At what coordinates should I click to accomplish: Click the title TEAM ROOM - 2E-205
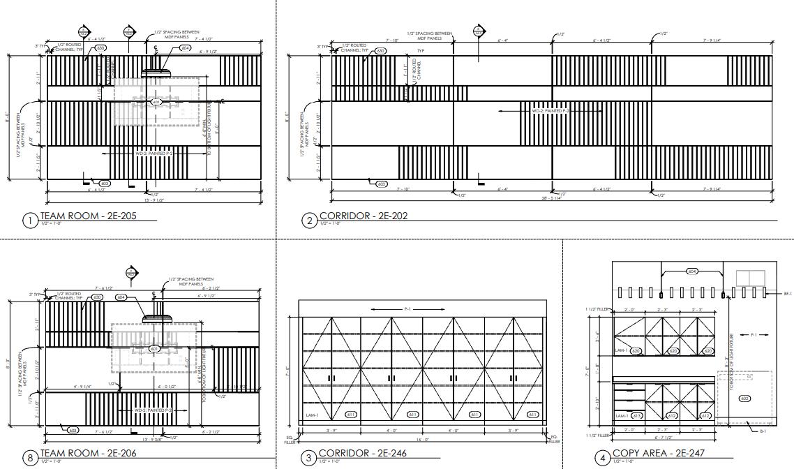tap(88, 216)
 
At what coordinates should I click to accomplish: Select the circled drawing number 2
tap(309, 221)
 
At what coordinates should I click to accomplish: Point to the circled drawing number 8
tap(30, 459)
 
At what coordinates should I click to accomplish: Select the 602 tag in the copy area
tap(744, 398)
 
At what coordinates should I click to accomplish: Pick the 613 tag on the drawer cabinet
tap(636, 416)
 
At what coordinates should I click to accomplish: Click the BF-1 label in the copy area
tap(787, 294)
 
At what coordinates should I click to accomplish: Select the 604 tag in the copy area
tap(692, 271)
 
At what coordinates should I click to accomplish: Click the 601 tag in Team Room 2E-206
tap(155, 348)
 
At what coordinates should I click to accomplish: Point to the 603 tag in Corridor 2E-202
tap(381, 184)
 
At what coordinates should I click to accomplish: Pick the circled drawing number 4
tap(602, 459)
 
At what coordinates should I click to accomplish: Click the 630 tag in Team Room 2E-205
tap(100, 48)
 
